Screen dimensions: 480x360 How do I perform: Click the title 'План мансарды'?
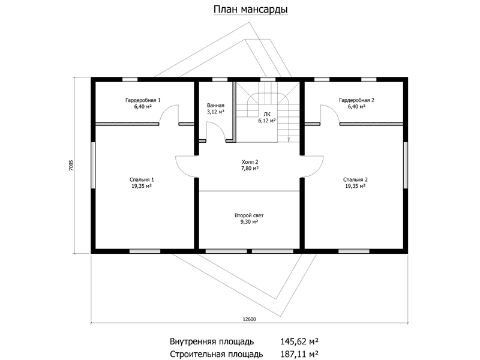[250, 10]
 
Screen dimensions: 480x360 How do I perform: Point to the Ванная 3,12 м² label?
[215, 109]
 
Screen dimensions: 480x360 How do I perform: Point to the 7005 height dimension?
[71, 166]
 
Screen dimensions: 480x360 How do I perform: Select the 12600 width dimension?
[249, 319]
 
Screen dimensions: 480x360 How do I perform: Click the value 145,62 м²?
[299, 341]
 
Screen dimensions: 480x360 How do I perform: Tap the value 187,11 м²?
[299, 354]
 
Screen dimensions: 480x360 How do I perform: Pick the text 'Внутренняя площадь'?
[212, 341]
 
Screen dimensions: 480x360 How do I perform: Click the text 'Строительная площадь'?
[216, 355]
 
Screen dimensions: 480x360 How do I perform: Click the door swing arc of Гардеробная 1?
[164, 110]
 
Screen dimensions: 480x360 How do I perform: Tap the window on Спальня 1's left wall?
[93, 165]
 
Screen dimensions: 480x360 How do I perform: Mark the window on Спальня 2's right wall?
[406, 165]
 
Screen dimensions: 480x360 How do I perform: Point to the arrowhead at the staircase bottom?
[289, 140]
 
